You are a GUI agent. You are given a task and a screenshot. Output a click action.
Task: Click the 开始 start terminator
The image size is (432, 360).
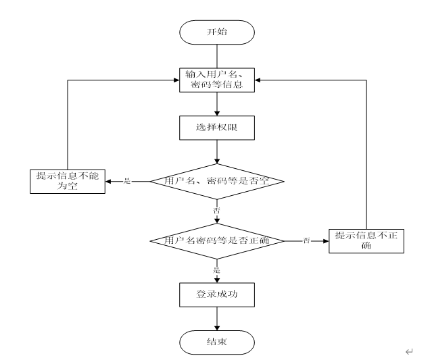coord(216,31)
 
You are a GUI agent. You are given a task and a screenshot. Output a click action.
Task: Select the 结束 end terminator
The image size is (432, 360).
coord(216,342)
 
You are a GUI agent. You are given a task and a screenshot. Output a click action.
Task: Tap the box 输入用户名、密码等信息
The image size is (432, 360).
coord(216,80)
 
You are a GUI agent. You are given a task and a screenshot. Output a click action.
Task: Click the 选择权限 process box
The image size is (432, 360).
coord(216,128)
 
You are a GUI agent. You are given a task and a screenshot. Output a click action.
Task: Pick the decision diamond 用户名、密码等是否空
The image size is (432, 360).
coord(216,181)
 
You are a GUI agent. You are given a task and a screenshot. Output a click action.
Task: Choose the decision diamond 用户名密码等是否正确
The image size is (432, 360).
coord(216,240)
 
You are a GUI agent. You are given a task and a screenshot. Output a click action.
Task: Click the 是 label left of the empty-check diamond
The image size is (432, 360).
coord(127,181)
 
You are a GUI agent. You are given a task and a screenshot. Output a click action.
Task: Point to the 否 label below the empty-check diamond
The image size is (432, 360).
coord(216,211)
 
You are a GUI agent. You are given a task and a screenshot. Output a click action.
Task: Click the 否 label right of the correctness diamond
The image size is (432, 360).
coord(306,240)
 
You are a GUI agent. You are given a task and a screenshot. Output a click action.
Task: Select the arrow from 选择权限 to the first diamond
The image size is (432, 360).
coord(216,151)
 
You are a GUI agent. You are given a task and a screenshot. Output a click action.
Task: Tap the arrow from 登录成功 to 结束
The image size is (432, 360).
coord(216,318)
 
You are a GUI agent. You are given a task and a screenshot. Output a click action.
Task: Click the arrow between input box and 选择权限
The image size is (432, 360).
coord(216,104)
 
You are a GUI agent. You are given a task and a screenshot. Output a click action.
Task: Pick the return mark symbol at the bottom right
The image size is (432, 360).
coord(408,351)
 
